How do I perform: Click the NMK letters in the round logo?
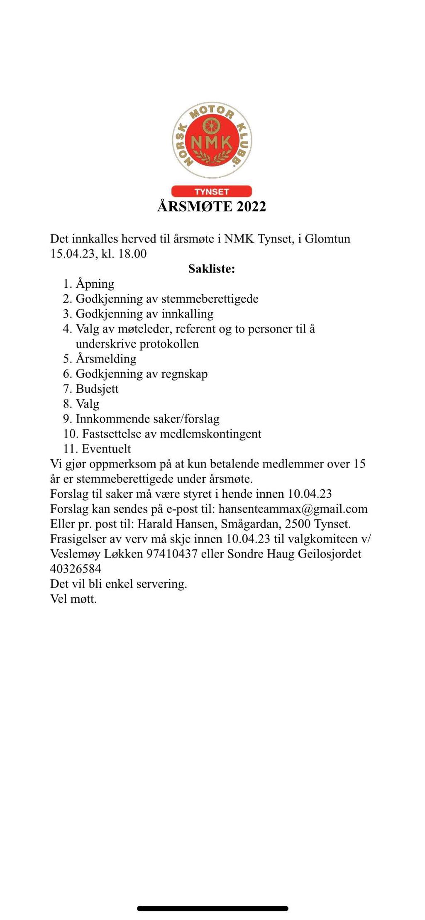click(x=211, y=142)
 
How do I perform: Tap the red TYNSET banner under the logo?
click(x=212, y=191)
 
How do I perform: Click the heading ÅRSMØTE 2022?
click(x=212, y=206)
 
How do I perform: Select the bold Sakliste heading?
click(x=212, y=269)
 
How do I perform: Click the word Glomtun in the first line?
click(x=327, y=239)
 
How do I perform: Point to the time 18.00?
click(x=132, y=254)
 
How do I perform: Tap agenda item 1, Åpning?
click(x=95, y=284)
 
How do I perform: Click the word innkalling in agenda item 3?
click(x=188, y=314)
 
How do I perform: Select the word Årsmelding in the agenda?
click(x=106, y=359)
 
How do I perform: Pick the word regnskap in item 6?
click(x=184, y=374)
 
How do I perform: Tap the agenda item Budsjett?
click(x=97, y=389)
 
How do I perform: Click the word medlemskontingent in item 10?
click(x=211, y=434)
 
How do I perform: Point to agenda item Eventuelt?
click(x=106, y=449)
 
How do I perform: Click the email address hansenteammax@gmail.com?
click(x=293, y=509)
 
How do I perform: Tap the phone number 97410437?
click(x=172, y=554)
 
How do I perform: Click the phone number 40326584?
click(x=76, y=569)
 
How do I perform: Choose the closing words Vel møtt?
click(x=73, y=599)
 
